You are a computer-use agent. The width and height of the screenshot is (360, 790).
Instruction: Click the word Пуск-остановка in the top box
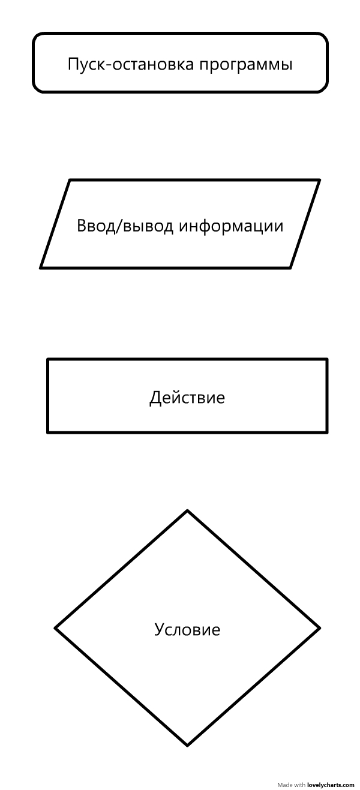pyautogui.click(x=130, y=64)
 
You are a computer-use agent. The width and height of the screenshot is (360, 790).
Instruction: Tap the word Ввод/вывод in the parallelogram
pyautogui.click(x=125, y=226)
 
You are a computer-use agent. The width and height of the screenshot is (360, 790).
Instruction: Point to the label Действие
pyautogui.click(x=187, y=398)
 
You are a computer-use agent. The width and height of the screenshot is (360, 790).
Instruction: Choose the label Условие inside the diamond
pyautogui.click(x=187, y=630)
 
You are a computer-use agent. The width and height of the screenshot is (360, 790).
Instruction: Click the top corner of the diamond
pyautogui.click(x=188, y=511)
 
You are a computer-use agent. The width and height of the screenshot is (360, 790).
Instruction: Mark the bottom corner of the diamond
pyautogui.click(x=188, y=745)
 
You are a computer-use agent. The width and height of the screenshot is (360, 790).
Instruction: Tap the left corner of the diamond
pyautogui.click(x=56, y=628)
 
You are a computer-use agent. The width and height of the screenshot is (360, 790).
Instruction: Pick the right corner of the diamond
pyautogui.click(x=319, y=628)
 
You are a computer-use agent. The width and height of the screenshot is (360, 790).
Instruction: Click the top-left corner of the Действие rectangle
pyautogui.click(x=48, y=360)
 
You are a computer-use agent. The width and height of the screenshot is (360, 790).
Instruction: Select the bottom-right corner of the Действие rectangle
pyautogui.click(x=326, y=431)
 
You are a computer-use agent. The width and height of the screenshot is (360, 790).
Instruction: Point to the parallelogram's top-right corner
pyautogui.click(x=319, y=180)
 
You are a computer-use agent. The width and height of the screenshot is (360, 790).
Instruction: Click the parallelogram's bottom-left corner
pyautogui.click(x=41, y=267)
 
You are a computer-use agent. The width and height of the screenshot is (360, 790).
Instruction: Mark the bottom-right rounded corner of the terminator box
pyautogui.click(x=323, y=88)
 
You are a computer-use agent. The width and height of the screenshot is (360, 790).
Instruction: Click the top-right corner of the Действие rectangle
pyautogui.click(x=326, y=360)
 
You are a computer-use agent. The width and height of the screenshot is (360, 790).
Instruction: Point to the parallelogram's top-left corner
pyautogui.click(x=70, y=180)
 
